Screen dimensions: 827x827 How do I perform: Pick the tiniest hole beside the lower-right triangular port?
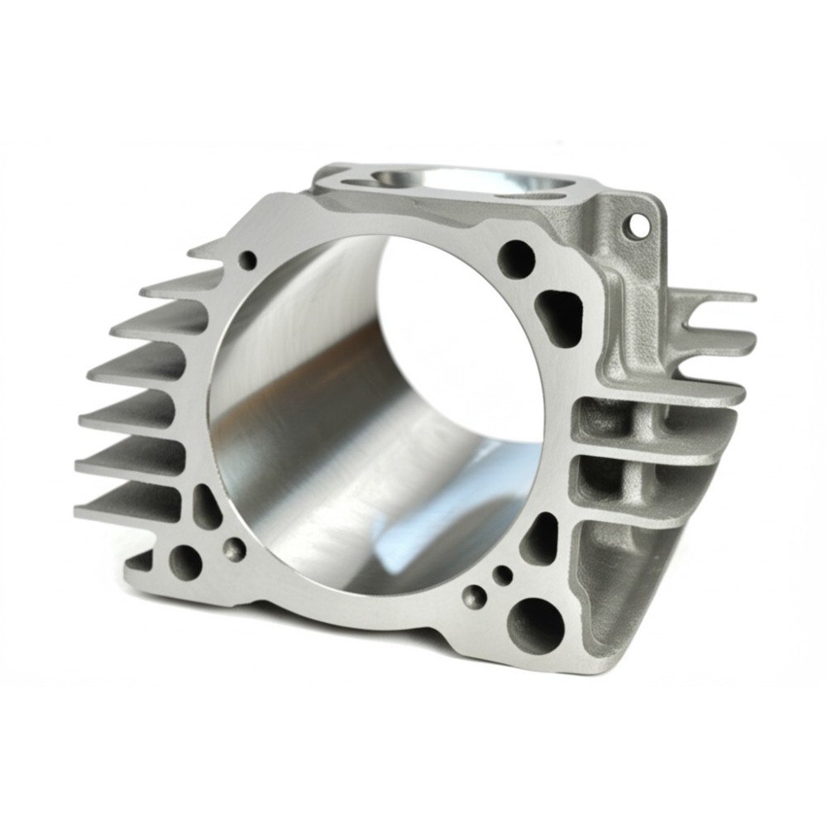click(x=502, y=574)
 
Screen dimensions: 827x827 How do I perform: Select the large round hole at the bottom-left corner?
click(x=185, y=563)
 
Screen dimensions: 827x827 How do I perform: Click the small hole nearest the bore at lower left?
click(x=235, y=548)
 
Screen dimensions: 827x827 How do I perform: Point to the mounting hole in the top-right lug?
click(x=638, y=223)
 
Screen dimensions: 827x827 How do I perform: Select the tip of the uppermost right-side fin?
click(x=748, y=296)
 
